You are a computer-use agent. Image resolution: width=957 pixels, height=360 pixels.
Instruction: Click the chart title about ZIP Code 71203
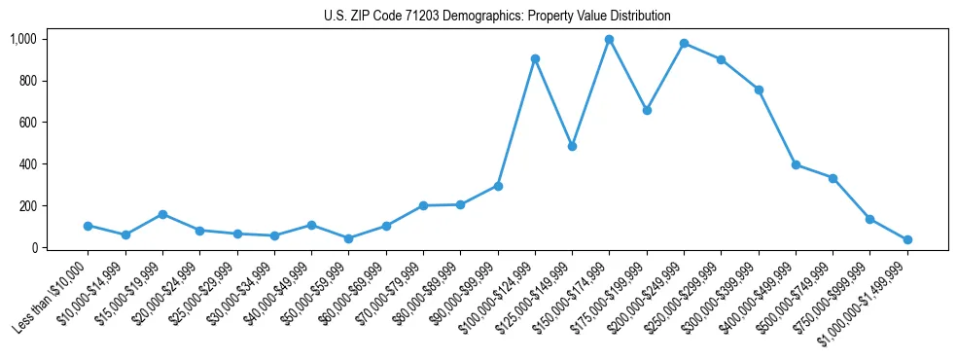[x=497, y=16]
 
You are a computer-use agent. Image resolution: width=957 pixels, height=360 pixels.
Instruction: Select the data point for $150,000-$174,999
[x=609, y=40]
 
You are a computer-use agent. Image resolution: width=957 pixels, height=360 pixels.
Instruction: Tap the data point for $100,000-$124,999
[x=535, y=59]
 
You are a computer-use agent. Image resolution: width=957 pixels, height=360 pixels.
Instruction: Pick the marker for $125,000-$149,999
[x=572, y=146]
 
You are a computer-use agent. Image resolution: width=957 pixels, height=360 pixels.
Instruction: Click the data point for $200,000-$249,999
[x=684, y=44]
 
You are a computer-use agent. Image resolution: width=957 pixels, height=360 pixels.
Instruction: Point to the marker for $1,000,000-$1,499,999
[x=907, y=239]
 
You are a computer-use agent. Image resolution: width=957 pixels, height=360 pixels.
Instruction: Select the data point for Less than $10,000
[x=88, y=226]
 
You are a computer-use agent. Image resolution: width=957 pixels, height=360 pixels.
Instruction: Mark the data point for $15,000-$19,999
[x=162, y=214]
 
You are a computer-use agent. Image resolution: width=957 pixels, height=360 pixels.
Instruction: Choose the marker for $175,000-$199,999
[x=647, y=110]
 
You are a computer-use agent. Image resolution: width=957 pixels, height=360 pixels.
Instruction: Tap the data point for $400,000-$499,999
[x=796, y=164]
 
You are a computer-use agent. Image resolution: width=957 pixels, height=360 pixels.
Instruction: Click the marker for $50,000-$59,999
[x=348, y=238]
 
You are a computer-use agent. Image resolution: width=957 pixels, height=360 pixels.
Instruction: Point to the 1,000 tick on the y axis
[x=23, y=39]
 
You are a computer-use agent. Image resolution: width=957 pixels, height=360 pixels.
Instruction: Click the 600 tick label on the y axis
[x=27, y=123]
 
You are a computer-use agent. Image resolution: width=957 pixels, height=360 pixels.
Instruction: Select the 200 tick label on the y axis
[x=27, y=206]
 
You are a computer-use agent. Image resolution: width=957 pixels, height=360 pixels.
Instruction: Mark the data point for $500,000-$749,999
[x=833, y=178]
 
